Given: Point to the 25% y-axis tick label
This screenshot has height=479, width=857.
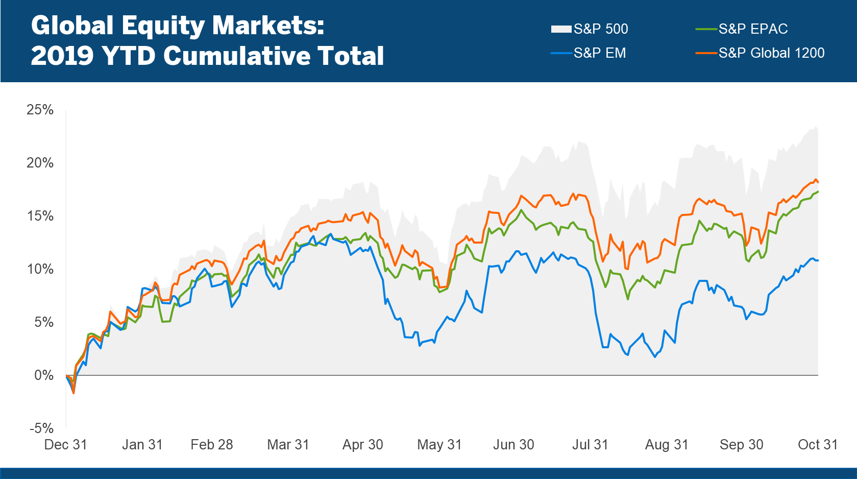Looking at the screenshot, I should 40,110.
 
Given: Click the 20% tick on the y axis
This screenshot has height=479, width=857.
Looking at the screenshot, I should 40,163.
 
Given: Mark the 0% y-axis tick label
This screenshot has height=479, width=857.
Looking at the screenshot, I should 43,375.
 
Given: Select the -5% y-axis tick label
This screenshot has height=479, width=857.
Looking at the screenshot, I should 41,428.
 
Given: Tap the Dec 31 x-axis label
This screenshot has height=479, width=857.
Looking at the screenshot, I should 65,445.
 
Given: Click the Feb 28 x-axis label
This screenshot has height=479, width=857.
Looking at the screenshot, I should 211,445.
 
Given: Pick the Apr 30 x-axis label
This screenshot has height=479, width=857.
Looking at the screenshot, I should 362,445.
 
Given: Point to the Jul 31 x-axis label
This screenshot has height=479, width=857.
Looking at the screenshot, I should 590,445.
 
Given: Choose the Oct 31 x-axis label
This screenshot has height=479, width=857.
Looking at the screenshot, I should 818,445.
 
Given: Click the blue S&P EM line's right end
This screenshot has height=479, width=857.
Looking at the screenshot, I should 818,260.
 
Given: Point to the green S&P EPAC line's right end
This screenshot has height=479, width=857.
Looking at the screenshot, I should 818,191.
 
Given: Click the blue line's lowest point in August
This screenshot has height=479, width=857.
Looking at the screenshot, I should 655,357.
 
